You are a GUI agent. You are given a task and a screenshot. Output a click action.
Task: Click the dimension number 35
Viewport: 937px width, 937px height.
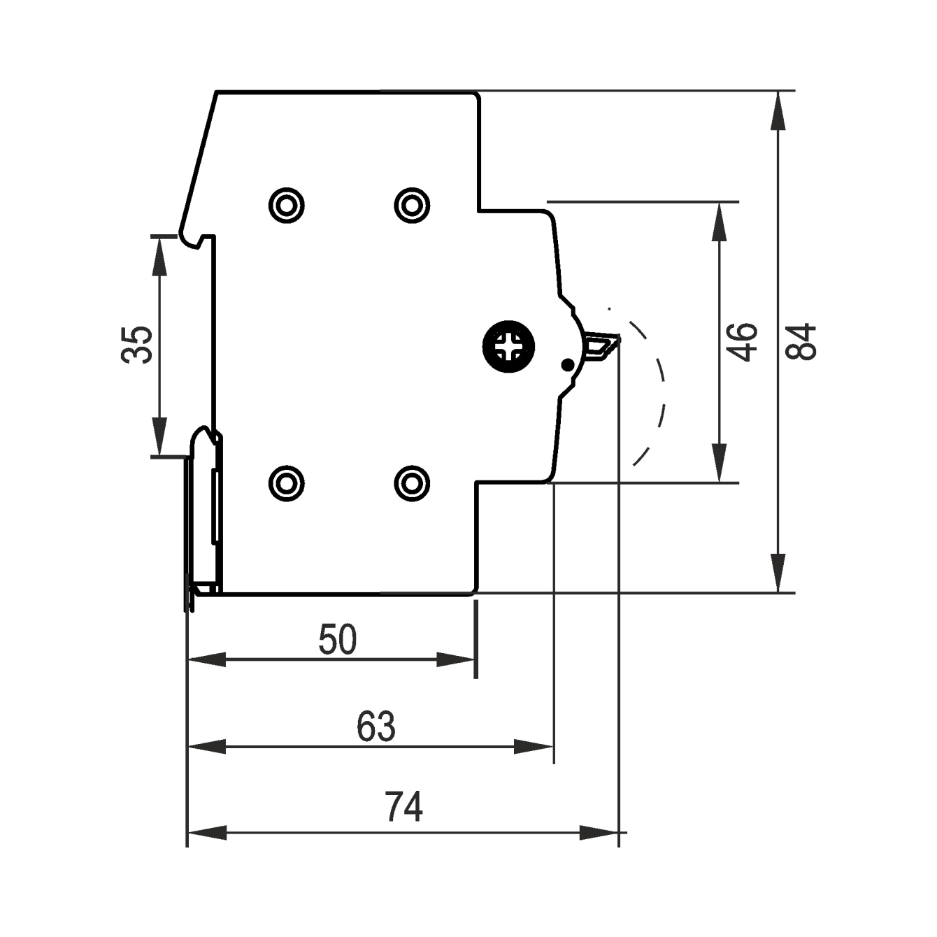point(136,345)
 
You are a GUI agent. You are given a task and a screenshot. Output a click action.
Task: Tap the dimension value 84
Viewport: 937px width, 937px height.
point(801,342)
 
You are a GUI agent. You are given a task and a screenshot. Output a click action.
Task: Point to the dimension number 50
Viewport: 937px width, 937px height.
point(338,639)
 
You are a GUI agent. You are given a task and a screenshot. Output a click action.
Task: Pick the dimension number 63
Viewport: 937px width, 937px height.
point(376,727)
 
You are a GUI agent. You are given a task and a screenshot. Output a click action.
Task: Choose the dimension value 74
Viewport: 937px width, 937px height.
point(403,806)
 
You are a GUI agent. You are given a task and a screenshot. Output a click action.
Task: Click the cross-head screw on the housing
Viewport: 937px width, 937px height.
point(508,348)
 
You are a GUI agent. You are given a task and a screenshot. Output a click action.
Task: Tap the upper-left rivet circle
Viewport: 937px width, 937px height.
point(287,205)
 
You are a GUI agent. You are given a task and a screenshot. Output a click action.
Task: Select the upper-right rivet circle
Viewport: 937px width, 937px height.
point(412,205)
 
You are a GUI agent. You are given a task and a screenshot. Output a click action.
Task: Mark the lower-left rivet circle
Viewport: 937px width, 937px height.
point(287,483)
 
